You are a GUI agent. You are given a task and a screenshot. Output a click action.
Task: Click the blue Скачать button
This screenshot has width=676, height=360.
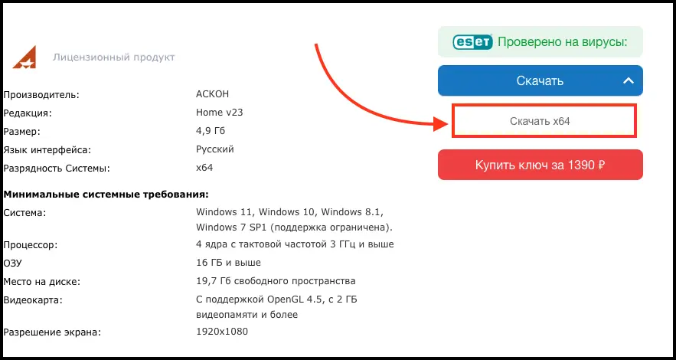coord(540,80)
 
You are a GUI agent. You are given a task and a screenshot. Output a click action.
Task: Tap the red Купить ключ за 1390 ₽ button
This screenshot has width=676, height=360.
coord(540,165)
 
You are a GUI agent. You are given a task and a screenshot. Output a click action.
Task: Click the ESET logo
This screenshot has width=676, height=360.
coord(472,42)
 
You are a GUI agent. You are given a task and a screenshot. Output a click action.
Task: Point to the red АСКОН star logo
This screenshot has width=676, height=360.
coord(24,57)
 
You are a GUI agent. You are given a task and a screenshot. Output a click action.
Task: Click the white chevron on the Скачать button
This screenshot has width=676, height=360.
coord(628,80)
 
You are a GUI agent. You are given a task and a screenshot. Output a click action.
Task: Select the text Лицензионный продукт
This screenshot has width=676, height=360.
coord(114,57)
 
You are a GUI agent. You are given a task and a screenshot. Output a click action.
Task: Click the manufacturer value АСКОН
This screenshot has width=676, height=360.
coord(213,94)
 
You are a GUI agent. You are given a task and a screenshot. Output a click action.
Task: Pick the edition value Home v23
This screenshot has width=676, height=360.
coord(220,113)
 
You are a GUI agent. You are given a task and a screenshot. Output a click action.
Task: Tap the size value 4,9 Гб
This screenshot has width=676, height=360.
coord(211,131)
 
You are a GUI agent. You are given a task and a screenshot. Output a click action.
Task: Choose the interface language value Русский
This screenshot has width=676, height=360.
coord(214,149)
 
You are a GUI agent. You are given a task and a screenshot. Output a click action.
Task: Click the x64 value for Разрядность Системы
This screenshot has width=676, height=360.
coord(204,168)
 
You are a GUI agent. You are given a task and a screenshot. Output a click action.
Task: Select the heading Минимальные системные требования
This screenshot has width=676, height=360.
coord(106,195)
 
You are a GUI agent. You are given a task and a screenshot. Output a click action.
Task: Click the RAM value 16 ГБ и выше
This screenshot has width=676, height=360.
coord(228,263)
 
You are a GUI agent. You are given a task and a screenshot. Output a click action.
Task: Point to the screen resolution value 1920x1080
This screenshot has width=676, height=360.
coord(222,332)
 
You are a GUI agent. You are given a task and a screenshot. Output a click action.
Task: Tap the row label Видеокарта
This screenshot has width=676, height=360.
coord(33,300)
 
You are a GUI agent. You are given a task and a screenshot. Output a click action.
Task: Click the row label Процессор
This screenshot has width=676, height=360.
coord(30,245)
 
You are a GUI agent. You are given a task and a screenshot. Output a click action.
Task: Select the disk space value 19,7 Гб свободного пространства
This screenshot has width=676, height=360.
coord(276,282)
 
